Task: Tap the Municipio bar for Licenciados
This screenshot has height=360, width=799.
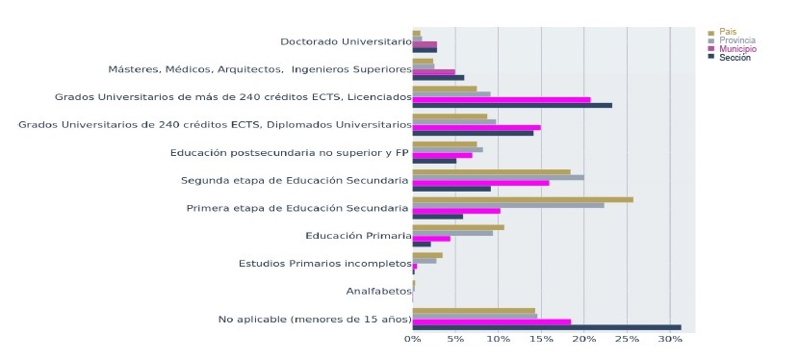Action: tap(501, 99)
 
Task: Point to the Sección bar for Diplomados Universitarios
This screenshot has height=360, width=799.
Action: tap(472, 133)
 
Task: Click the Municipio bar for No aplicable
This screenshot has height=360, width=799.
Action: tap(491, 321)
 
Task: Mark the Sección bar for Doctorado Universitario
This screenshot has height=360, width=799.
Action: tap(424, 49)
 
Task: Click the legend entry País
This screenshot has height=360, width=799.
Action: tap(728, 32)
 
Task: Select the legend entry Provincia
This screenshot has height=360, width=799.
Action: tap(736, 40)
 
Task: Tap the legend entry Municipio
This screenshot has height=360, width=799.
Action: tap(737, 49)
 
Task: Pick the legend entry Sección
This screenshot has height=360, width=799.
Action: tap(735, 58)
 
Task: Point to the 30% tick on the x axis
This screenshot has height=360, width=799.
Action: tap(670, 339)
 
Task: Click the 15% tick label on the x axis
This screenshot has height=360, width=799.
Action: tap(541, 339)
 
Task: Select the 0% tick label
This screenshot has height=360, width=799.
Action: tap(412, 339)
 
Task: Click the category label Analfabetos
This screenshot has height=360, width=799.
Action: tap(378, 291)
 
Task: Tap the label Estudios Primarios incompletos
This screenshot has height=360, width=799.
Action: tap(324, 264)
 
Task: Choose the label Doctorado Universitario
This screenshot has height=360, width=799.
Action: tap(346, 41)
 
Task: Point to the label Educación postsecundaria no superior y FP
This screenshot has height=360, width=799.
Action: tap(289, 152)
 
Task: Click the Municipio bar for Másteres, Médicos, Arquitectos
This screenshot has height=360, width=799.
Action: tap(433, 72)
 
